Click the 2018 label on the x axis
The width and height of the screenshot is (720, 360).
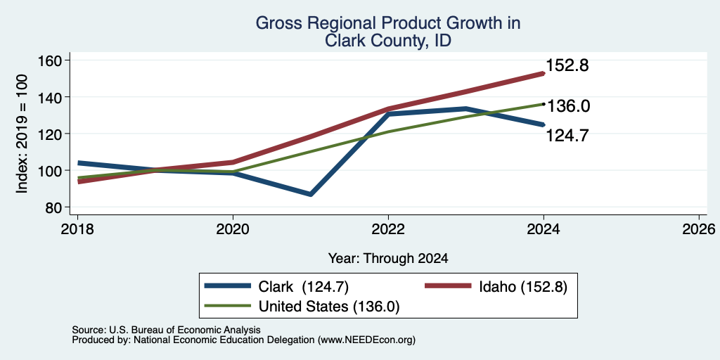pyautogui.click(x=77, y=229)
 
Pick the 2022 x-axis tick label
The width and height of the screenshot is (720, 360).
pyautogui.click(x=388, y=229)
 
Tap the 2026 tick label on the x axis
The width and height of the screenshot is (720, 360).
pyautogui.click(x=700, y=229)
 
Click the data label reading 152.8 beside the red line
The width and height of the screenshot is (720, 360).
pyautogui.click(x=567, y=65)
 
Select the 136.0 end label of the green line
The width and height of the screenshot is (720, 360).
pyautogui.click(x=568, y=106)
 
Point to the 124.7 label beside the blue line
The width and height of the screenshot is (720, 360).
pyautogui.click(x=567, y=136)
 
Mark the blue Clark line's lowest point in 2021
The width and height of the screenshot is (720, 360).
pyautogui.click(x=311, y=194)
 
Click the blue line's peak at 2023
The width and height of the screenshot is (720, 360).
pyautogui.click(x=466, y=109)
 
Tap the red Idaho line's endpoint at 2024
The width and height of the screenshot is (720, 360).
pyautogui.click(x=544, y=73)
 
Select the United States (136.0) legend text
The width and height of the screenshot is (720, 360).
pyautogui.click(x=329, y=307)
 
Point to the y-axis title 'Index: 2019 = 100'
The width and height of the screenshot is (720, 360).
pyautogui.click(x=22, y=134)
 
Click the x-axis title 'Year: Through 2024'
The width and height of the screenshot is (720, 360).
pyautogui.click(x=388, y=259)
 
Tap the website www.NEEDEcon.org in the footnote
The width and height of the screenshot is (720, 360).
pyautogui.click(x=366, y=340)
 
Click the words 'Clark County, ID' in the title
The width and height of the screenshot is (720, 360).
pyautogui.click(x=388, y=41)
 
